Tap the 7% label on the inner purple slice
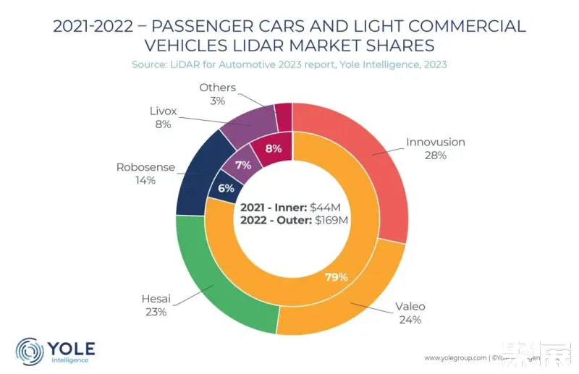click(243, 165)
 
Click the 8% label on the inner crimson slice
click(274, 150)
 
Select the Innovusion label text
click(435, 142)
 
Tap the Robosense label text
click(145, 167)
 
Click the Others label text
click(217, 88)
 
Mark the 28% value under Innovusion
click(435, 156)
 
